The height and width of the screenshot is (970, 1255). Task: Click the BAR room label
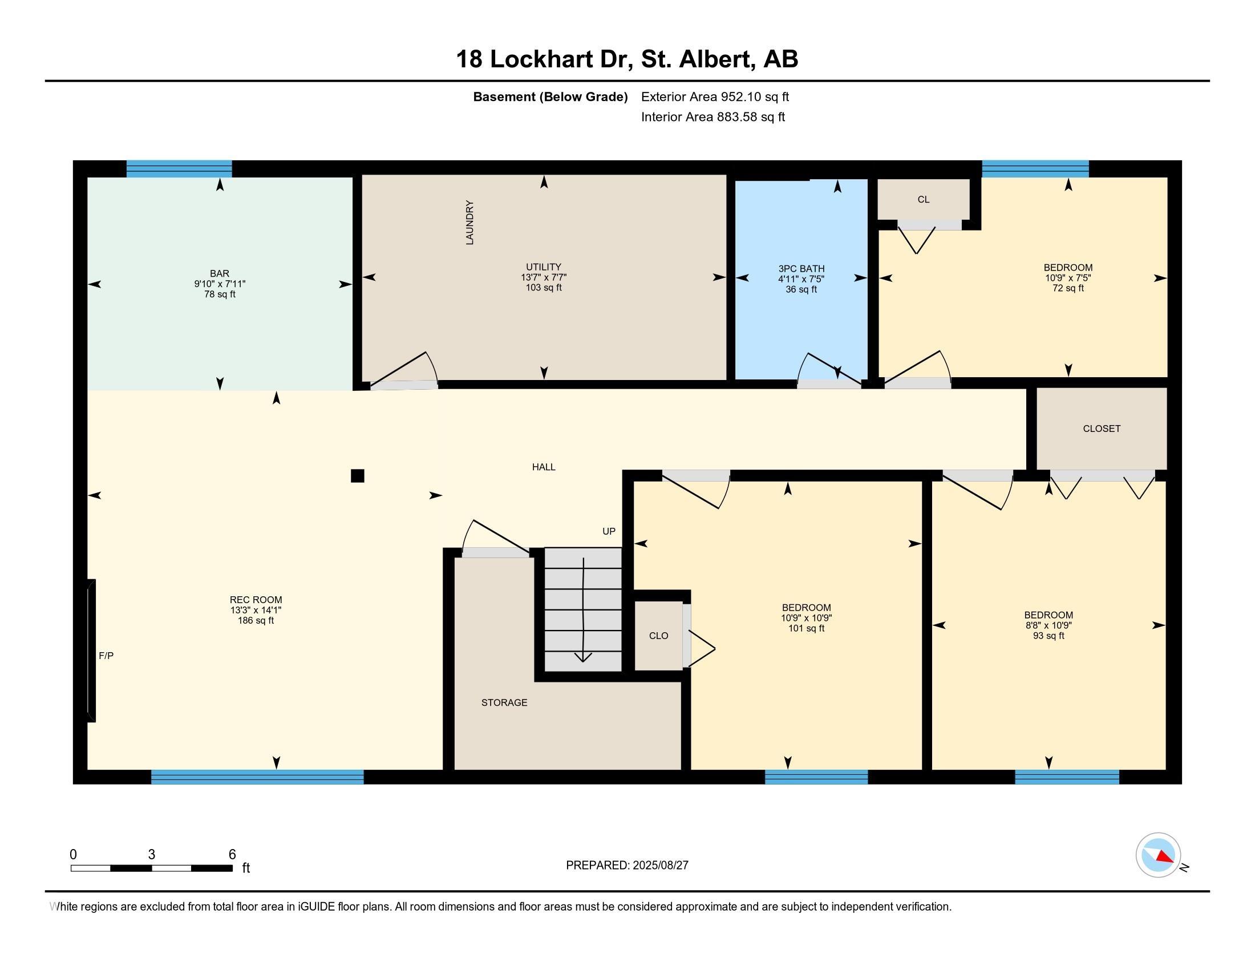click(220, 273)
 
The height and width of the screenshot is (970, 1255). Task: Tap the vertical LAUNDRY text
click(469, 223)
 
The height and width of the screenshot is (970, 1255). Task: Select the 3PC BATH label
click(801, 268)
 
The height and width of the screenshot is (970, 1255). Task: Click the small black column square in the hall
click(358, 476)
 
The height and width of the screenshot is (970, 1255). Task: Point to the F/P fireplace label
click(106, 656)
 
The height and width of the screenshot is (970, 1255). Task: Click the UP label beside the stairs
click(609, 531)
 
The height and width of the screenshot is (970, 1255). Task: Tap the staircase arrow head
click(582, 657)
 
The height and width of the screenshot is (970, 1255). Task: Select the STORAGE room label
click(504, 702)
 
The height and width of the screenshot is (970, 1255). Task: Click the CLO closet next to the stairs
click(658, 636)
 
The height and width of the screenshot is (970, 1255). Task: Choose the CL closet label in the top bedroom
click(924, 199)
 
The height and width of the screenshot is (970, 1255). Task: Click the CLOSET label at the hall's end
click(1102, 429)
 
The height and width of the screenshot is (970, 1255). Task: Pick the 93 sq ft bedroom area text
click(1048, 636)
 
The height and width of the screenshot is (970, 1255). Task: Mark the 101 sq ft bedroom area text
click(806, 628)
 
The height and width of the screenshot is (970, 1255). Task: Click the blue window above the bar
click(179, 169)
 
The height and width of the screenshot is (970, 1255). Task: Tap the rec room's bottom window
click(257, 777)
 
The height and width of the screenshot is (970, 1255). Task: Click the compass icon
click(1159, 855)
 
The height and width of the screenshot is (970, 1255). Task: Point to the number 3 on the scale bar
click(152, 855)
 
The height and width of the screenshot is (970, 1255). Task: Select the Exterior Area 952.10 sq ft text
click(715, 96)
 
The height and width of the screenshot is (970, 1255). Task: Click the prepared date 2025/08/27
click(659, 866)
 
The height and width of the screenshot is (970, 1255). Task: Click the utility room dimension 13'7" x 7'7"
click(544, 277)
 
